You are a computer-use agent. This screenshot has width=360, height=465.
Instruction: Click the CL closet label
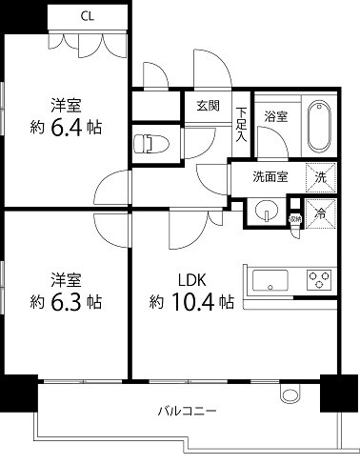(87, 15)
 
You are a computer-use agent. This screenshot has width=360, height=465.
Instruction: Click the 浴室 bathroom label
(276, 116)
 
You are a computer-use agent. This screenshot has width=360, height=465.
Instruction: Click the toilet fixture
(149, 144)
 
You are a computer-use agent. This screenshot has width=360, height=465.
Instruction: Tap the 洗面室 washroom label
(270, 175)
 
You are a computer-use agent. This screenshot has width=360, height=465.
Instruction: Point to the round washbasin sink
(266, 212)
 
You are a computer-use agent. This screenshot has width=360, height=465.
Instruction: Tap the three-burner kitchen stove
(317, 281)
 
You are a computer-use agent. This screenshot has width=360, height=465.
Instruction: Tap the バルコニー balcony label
(188, 412)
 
